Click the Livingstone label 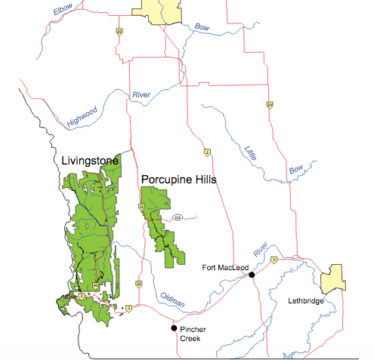tap(85, 161)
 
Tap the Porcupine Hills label tap(179, 180)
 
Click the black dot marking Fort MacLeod tap(252, 275)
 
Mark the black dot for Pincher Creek tap(174, 328)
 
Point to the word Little tap(252, 152)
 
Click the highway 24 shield tap(269, 104)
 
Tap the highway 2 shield tap(206, 153)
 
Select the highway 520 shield tap(177, 217)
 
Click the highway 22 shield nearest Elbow tap(119, 31)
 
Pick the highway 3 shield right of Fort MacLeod tap(274, 260)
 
